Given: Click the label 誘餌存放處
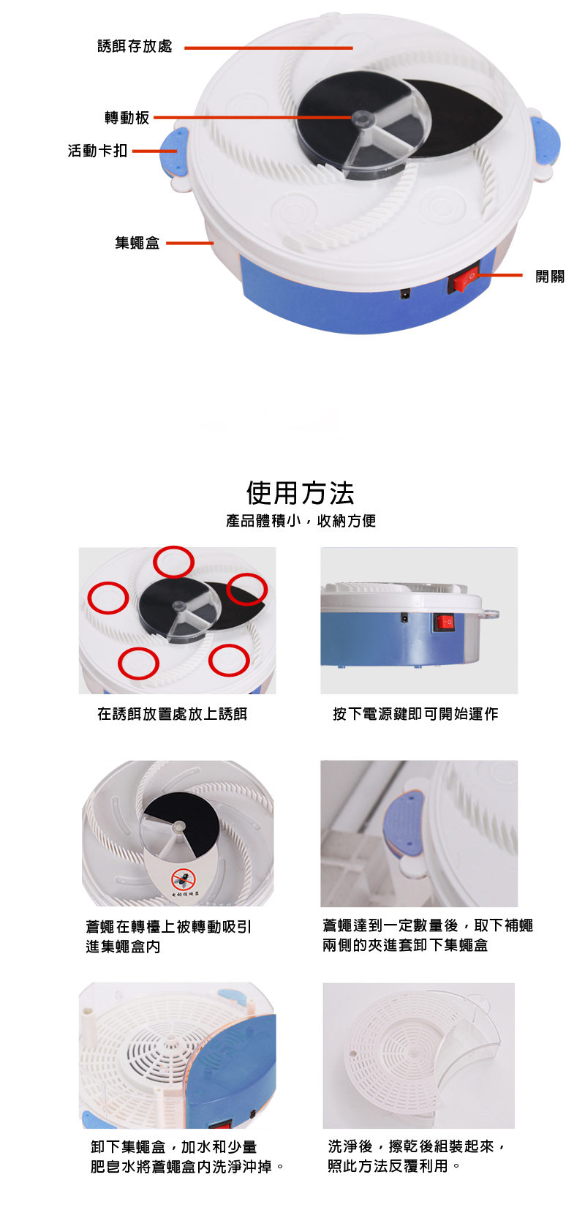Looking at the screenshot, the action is click(135, 46).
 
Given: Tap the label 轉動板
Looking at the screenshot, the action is click(127, 117).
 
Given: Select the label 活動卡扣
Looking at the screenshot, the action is click(97, 151).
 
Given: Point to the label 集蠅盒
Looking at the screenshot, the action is click(137, 243).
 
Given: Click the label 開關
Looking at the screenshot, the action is click(550, 276).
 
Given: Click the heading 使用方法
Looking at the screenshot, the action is click(301, 492).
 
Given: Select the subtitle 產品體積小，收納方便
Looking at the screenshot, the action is click(301, 521).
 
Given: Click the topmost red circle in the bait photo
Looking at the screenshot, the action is click(173, 562).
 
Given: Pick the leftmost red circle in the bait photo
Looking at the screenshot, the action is click(108, 598).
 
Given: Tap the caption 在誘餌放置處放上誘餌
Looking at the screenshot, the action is click(172, 714).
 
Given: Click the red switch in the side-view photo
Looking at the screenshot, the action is click(444, 622).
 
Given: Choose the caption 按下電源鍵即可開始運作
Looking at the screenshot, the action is click(415, 714).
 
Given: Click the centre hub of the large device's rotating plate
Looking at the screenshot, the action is click(361, 117).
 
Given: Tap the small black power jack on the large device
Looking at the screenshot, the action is click(405, 293).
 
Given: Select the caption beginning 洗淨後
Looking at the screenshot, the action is click(416, 1156).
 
